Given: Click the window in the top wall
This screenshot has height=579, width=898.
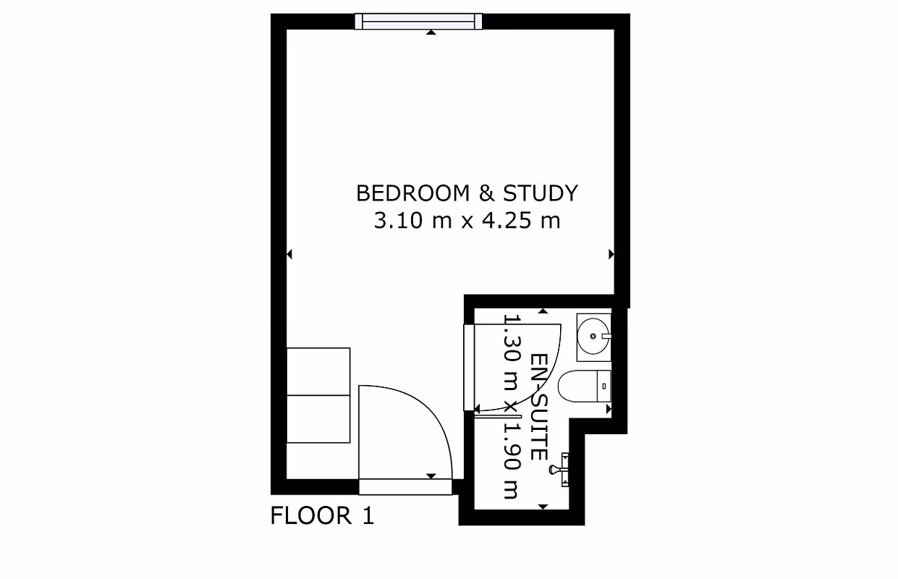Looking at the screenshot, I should click(x=418, y=21).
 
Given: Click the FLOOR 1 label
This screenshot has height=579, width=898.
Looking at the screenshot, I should click(x=322, y=516).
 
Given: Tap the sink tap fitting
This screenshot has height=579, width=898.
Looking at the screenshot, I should click(x=606, y=336).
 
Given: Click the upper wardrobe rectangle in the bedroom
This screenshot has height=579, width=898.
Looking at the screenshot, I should click(x=318, y=371).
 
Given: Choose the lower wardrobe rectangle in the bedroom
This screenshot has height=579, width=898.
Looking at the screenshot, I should click(x=318, y=418).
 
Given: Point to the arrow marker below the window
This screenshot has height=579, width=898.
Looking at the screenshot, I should click(x=431, y=33).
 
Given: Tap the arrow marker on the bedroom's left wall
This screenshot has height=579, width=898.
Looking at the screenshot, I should click(x=290, y=254).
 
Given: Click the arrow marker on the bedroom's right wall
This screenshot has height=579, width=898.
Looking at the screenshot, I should click(x=611, y=254).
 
